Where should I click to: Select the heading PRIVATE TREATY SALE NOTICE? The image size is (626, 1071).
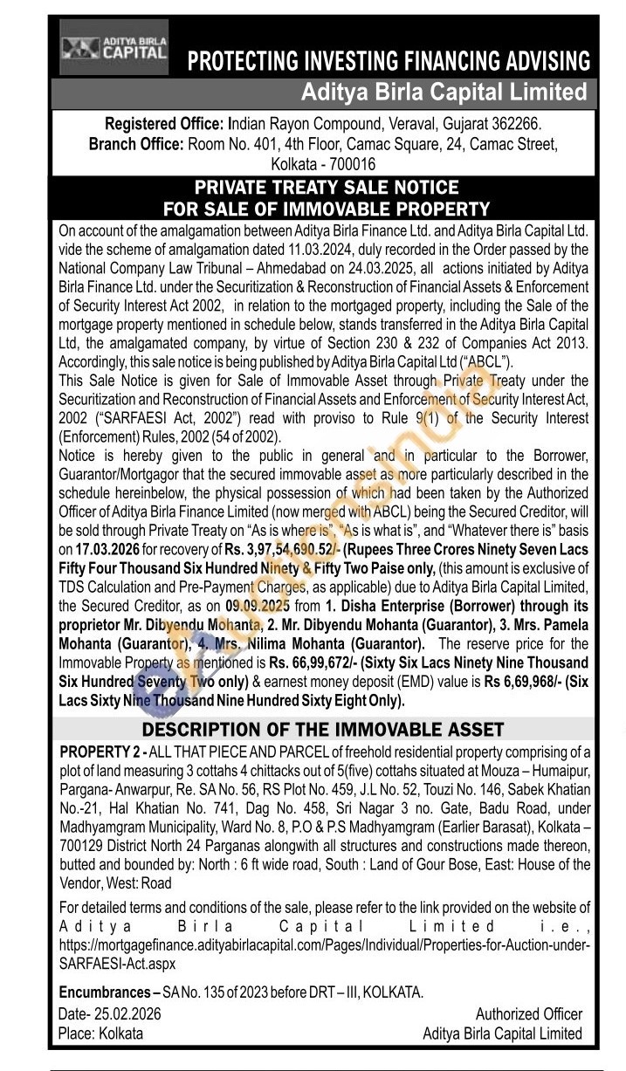click(x=326, y=188)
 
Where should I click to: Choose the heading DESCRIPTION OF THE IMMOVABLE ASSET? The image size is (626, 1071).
click(x=323, y=730)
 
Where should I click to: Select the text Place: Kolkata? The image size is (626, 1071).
click(x=100, y=1033)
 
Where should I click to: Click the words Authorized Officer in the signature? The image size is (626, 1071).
click(x=528, y=1013)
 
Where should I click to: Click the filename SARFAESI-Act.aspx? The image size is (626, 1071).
click(x=117, y=963)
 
